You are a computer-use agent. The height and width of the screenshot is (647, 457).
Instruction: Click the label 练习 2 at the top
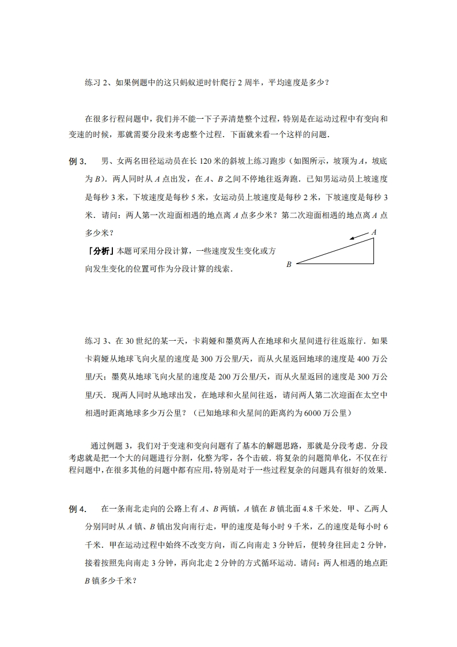click(x=97, y=82)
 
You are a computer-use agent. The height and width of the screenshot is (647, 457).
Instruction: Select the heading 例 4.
click(x=77, y=509)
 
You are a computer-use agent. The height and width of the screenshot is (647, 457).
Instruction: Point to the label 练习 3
click(x=97, y=340)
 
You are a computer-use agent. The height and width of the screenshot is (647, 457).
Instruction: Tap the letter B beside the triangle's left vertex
click(x=289, y=264)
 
